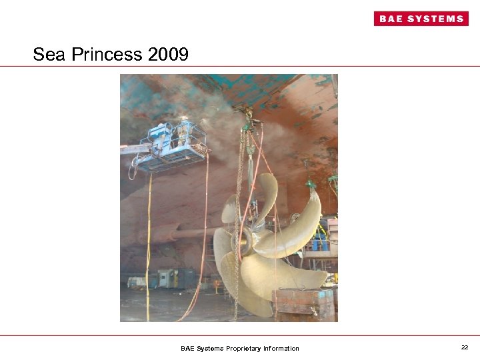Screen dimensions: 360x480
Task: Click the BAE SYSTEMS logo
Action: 421,19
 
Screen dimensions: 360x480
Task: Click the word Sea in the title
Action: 49,55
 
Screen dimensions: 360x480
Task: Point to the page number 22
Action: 464,347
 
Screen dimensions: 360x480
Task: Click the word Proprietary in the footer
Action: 244,348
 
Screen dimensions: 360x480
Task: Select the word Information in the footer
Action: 281,348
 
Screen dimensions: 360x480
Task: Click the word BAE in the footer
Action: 189,348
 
